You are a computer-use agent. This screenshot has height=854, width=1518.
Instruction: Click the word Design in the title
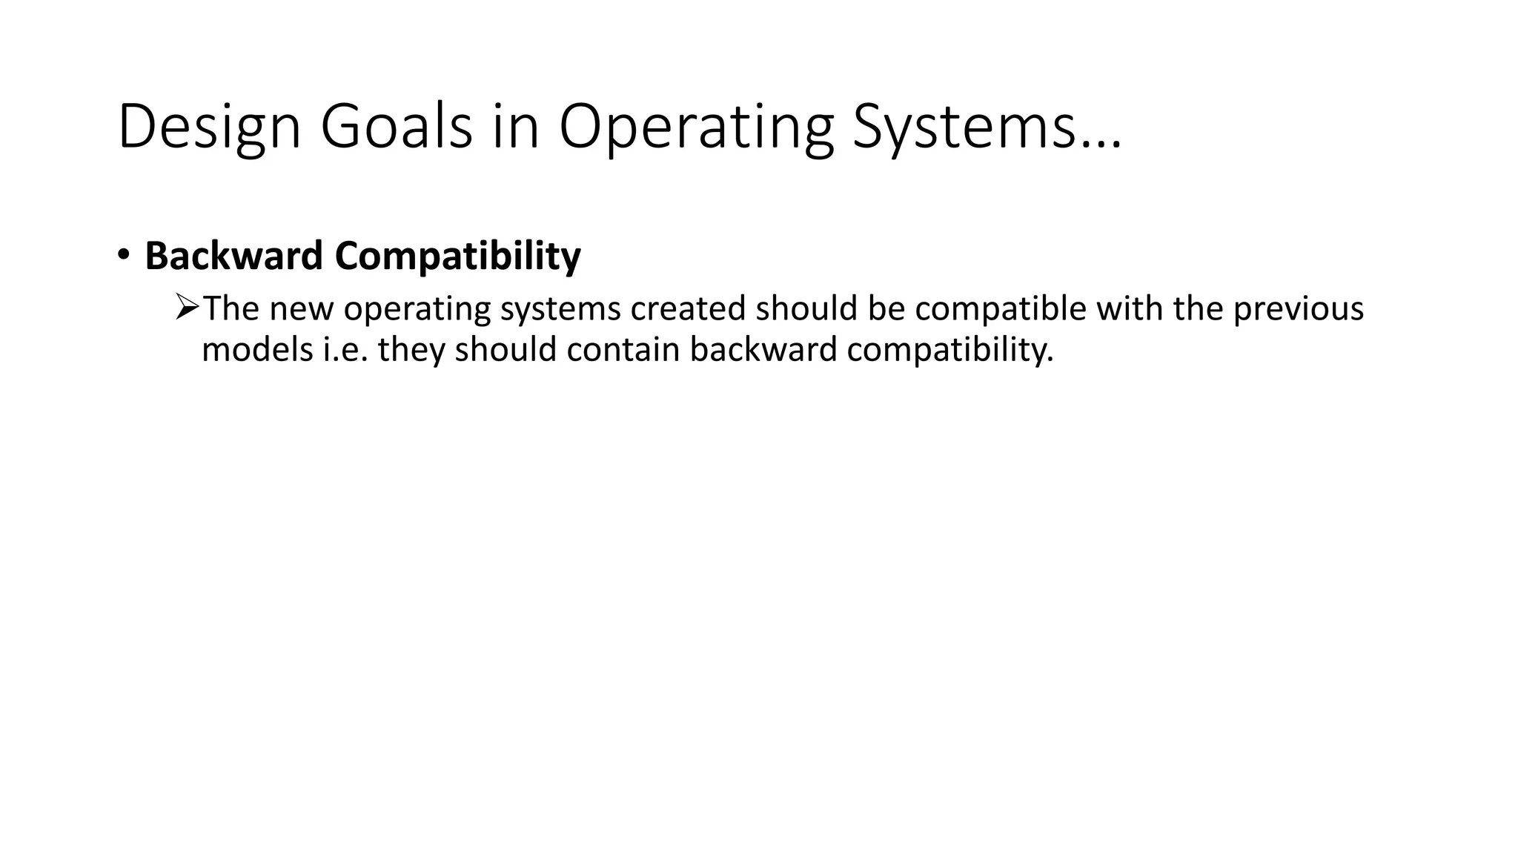(209, 128)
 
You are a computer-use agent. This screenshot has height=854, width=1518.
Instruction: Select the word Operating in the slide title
(696, 128)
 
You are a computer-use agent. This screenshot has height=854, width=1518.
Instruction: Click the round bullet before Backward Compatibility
(123, 255)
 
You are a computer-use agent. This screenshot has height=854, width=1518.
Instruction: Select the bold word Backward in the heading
(234, 256)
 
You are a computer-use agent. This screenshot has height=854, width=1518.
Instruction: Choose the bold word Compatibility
(457, 257)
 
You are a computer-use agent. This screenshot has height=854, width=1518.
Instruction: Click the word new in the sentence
(302, 308)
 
